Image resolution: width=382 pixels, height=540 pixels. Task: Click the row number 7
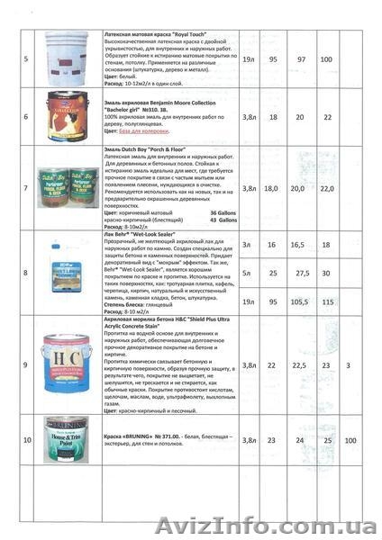pos(26,189)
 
